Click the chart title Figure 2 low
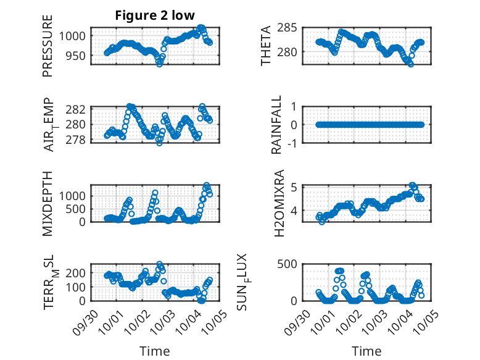(x=155, y=15)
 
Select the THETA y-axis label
(x=266, y=46)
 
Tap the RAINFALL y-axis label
(x=277, y=125)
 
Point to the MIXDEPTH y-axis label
(x=48, y=203)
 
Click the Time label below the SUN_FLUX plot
(x=366, y=351)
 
